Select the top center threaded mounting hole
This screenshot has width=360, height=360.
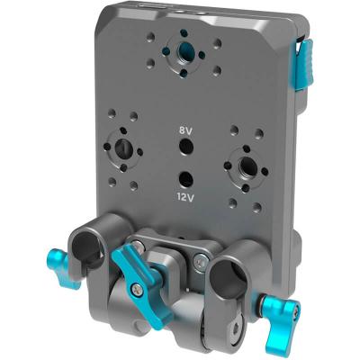[x=184, y=50]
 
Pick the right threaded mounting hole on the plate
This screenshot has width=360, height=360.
[x=243, y=164]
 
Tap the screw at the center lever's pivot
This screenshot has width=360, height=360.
[x=136, y=290]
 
